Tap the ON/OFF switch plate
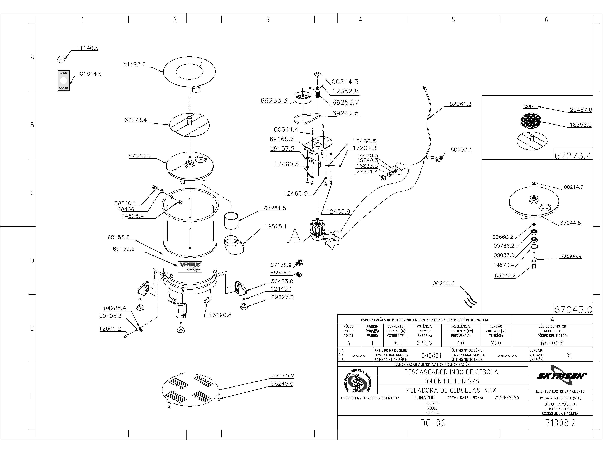click(63, 81)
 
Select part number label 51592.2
click(134, 64)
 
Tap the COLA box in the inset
click(530, 106)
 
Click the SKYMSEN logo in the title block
click(560, 376)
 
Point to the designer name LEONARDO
click(423, 398)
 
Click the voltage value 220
click(496, 343)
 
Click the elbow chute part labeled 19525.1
click(234, 245)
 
